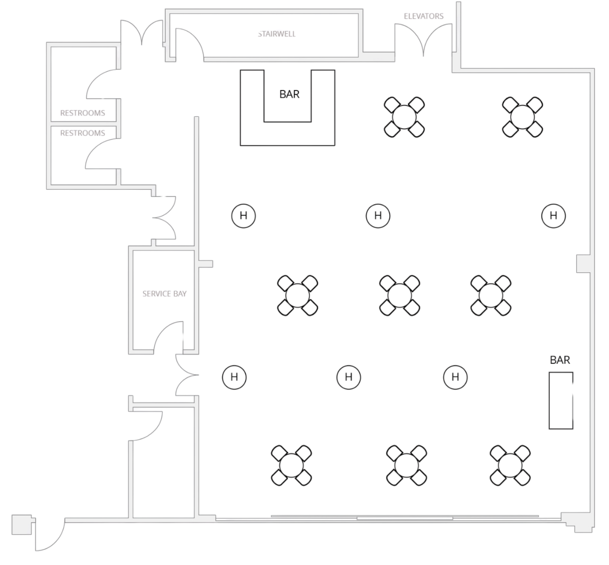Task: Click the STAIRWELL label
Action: [277, 34]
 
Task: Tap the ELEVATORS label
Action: [424, 16]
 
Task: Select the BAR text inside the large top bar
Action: [290, 94]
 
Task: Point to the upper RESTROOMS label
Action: [83, 113]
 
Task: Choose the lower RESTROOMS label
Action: [83, 133]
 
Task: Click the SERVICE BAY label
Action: [165, 293]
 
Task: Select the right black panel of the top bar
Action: [323, 107]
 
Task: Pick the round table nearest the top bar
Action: [404, 117]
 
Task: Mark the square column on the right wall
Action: [584, 264]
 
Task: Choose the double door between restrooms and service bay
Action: [165, 217]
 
